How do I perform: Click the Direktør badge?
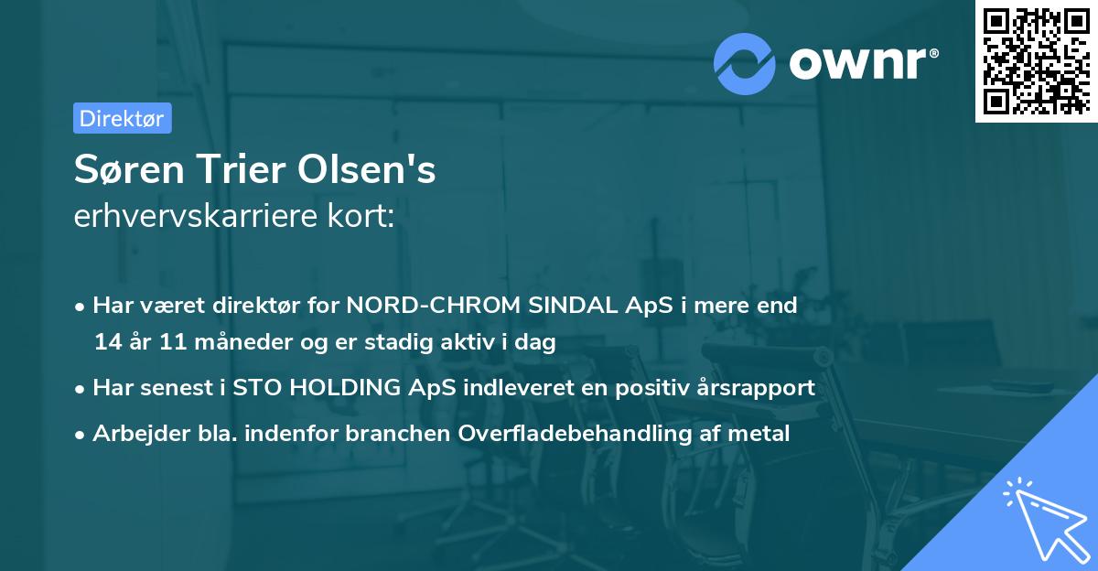(122, 118)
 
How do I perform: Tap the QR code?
(1036, 60)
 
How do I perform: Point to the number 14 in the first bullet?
(107, 342)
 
